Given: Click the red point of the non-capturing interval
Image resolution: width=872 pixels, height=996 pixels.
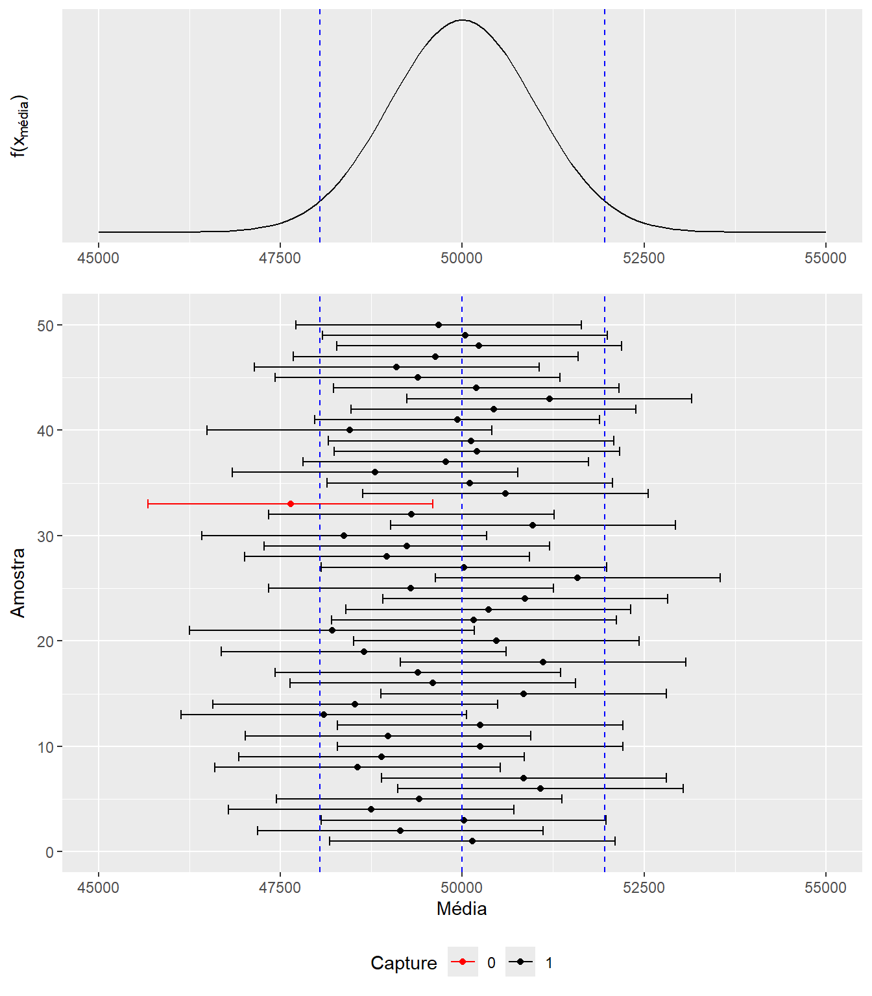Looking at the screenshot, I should click(290, 504).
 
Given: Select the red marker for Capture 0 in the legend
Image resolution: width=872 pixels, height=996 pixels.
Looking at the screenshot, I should click(462, 962).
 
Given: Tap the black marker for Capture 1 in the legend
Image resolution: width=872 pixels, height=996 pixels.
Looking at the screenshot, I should click(520, 962).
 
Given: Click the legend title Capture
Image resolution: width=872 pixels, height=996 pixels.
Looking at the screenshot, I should click(404, 963).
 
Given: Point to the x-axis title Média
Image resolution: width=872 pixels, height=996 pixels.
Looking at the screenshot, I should click(461, 908).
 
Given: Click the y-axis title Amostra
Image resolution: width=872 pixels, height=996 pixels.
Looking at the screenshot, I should click(18, 582).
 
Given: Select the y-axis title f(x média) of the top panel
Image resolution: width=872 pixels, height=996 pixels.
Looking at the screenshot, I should click(20, 126).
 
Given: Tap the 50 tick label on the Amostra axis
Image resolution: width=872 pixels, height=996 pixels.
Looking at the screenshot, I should click(45, 326).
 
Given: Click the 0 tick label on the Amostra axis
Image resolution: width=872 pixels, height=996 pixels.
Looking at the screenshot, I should click(50, 852).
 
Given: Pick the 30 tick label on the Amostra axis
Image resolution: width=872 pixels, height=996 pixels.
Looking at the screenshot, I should click(45, 536).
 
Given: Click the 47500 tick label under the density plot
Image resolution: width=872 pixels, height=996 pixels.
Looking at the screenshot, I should click(280, 258).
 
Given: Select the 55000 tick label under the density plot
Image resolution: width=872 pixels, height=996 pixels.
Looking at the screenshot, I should click(825, 258).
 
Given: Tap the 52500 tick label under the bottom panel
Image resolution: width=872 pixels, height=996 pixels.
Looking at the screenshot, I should click(644, 888).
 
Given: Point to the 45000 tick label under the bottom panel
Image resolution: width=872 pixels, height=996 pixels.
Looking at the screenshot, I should click(98, 888).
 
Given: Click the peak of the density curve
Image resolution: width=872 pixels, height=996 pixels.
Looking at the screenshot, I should click(461, 20).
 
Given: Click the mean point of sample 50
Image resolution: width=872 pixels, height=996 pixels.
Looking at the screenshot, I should click(439, 325).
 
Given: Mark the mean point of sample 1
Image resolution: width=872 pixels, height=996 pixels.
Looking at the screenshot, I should click(472, 841).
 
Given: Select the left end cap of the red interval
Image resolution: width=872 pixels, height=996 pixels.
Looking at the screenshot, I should click(148, 504).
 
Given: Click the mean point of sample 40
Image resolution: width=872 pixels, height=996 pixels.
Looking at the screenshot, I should click(350, 430).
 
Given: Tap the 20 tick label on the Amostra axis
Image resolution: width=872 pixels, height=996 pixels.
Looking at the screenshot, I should click(45, 641).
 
